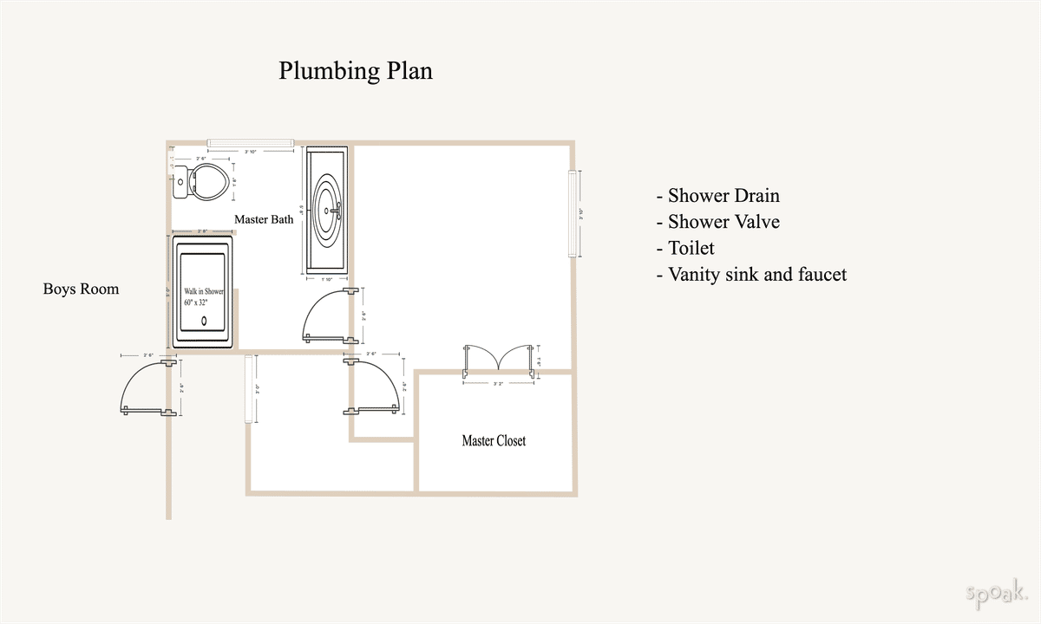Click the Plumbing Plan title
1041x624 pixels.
[x=355, y=71]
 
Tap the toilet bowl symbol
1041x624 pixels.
[x=209, y=182]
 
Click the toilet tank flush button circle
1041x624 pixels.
[x=179, y=182]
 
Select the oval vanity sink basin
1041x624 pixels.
[x=328, y=209]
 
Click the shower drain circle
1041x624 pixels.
[x=205, y=321]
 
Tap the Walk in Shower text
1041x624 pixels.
[x=203, y=292]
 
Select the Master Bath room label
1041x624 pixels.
[x=264, y=219]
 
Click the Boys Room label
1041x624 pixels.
[x=81, y=289]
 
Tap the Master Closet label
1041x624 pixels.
[x=494, y=440]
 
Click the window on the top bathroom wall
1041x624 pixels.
[x=250, y=142]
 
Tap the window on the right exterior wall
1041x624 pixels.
[x=573, y=214]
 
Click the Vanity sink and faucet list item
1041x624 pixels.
[x=751, y=275]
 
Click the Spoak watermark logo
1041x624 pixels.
[x=996, y=595]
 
